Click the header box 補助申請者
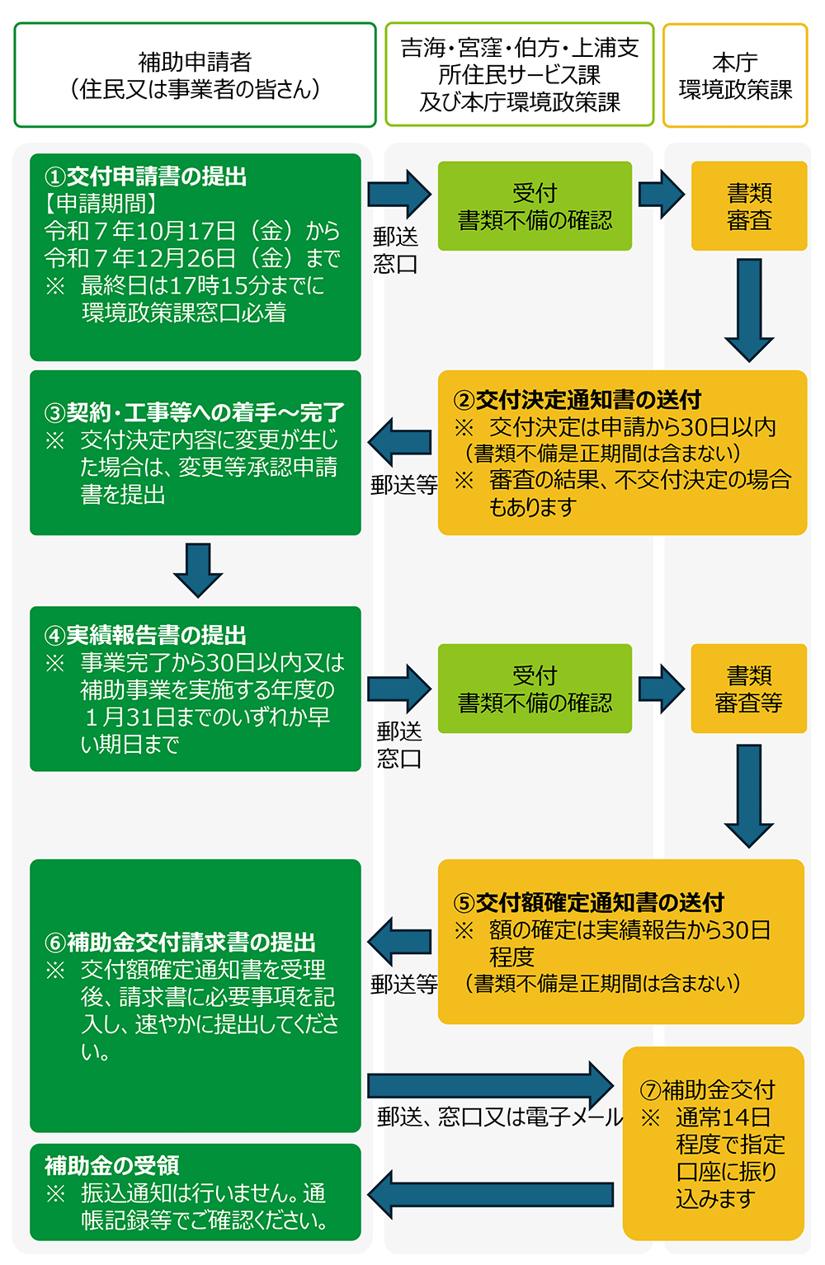click(x=195, y=75)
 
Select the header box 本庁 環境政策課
click(x=735, y=75)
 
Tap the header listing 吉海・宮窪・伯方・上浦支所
click(x=520, y=75)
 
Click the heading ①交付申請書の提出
click(x=145, y=176)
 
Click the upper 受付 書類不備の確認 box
click(x=535, y=206)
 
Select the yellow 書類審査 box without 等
click(x=749, y=206)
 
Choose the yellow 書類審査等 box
click(x=748, y=689)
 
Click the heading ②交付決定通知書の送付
click(x=577, y=400)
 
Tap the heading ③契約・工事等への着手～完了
click(x=195, y=412)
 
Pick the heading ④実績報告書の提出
click(x=145, y=635)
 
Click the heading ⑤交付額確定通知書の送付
click(x=589, y=902)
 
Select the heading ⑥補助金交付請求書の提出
click(x=180, y=942)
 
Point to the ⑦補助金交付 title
click(x=708, y=1090)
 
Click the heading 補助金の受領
click(x=112, y=1165)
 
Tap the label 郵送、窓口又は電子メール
click(x=500, y=1117)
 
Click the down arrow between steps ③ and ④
click(x=198, y=570)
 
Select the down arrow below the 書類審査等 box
click(x=749, y=795)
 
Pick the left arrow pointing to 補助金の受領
click(x=491, y=1194)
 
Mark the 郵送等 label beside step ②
click(x=403, y=484)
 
